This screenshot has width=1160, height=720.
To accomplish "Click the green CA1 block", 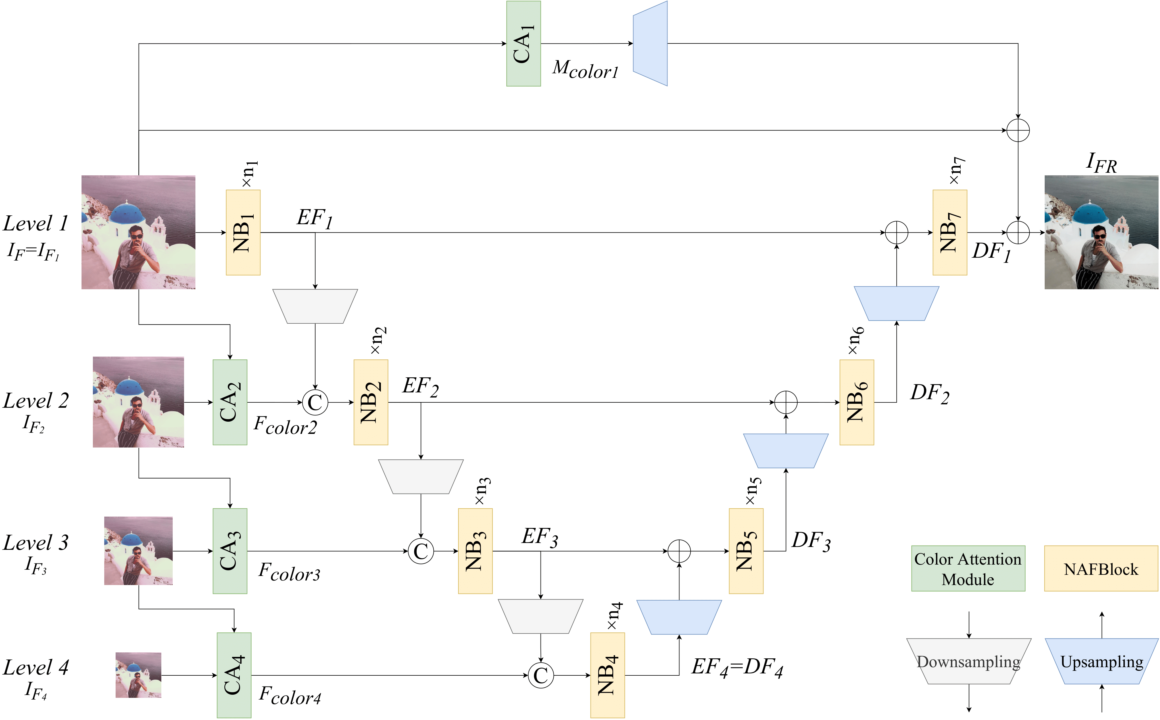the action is pyautogui.click(x=523, y=43).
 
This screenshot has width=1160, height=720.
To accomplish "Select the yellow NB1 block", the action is pyautogui.click(x=243, y=232).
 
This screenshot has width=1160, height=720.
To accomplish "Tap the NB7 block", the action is pyautogui.click(x=950, y=232).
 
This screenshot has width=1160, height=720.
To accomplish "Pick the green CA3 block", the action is pyautogui.click(x=230, y=551).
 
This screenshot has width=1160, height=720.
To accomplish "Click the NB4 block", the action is pyautogui.click(x=607, y=675).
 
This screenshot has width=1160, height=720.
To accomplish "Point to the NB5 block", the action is pyautogui.click(x=746, y=551).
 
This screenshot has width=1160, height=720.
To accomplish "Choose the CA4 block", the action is pyautogui.click(x=234, y=675).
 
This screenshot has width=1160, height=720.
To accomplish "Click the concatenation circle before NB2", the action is pyautogui.click(x=315, y=402).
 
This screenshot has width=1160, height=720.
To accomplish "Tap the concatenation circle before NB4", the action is pyautogui.click(x=541, y=675).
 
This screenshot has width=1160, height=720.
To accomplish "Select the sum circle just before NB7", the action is pyautogui.click(x=897, y=232).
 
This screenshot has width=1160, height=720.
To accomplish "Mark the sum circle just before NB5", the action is pyautogui.click(x=679, y=551).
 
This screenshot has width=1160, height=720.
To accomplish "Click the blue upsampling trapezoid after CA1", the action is pyautogui.click(x=650, y=43).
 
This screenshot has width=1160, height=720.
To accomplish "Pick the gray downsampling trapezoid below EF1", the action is pyautogui.click(x=315, y=306).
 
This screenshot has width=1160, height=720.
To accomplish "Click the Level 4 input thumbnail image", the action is pyautogui.click(x=139, y=675).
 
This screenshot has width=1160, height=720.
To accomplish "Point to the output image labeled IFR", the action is pyautogui.click(x=1101, y=232).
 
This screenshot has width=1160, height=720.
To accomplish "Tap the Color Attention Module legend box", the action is pyautogui.click(x=968, y=569).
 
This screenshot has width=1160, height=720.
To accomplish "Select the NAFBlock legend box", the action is pyautogui.click(x=1101, y=569).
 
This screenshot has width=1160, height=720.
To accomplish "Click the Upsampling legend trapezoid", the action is pyautogui.click(x=1101, y=661).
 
